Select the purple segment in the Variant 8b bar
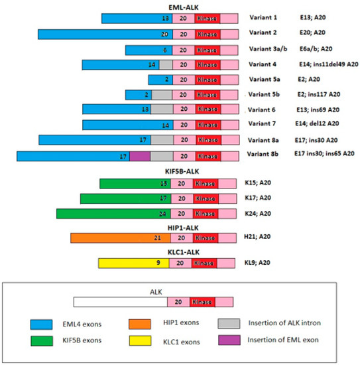(x=140, y=156)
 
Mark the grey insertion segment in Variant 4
(x=165, y=64)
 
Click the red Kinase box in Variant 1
(x=206, y=17)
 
